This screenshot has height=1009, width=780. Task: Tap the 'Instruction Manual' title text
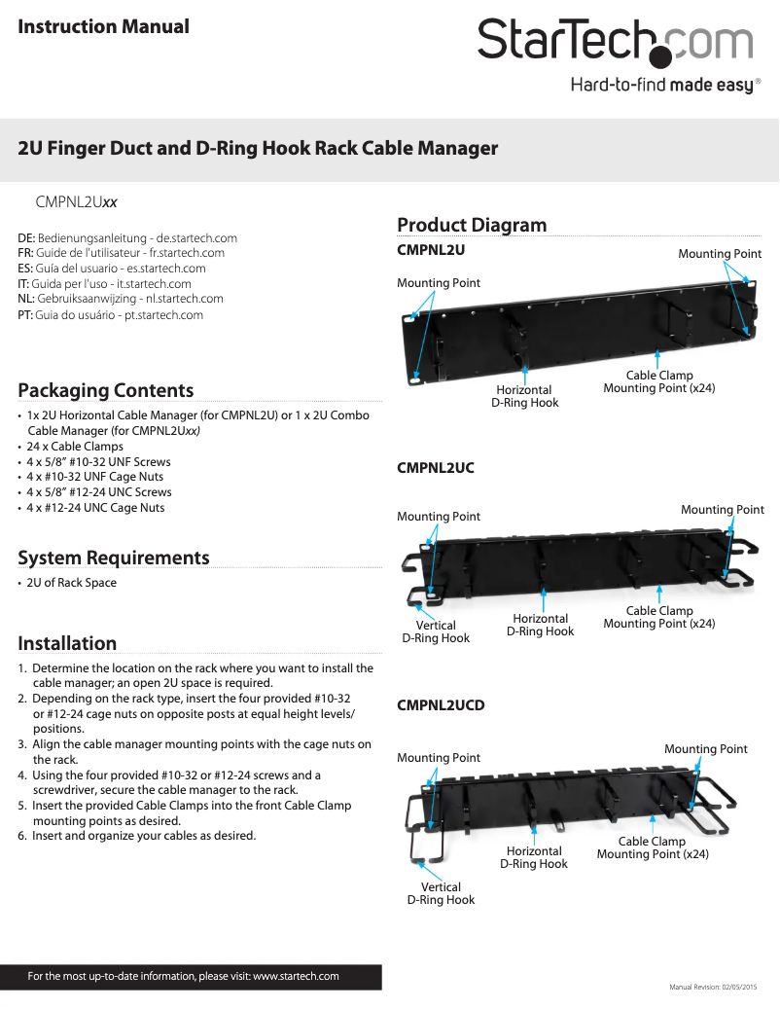(x=104, y=26)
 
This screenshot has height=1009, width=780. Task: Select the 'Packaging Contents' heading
(x=106, y=390)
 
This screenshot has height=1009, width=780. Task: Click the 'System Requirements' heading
(x=114, y=558)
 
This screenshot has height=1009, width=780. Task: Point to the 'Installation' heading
(x=67, y=643)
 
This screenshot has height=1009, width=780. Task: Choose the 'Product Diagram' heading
(x=472, y=225)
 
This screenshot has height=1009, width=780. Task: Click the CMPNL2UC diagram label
(x=436, y=468)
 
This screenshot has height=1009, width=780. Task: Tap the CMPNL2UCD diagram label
(x=441, y=704)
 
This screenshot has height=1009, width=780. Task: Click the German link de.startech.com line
(x=127, y=237)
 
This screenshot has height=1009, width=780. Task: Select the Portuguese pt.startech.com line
(x=111, y=315)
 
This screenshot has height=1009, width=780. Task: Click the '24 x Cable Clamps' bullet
(x=75, y=446)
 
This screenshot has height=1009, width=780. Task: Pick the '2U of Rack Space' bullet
(x=71, y=583)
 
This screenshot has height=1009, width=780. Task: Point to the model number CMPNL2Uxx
(x=77, y=202)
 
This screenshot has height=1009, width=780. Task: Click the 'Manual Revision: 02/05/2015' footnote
(x=713, y=988)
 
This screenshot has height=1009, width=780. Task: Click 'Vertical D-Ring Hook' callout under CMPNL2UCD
(x=441, y=893)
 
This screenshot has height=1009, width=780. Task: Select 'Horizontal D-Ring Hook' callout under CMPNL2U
(x=525, y=396)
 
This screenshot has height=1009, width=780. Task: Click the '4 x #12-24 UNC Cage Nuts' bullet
(x=95, y=508)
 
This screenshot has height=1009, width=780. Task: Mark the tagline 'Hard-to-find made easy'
(x=661, y=86)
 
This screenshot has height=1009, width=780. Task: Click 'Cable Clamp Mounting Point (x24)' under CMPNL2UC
(x=659, y=617)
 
